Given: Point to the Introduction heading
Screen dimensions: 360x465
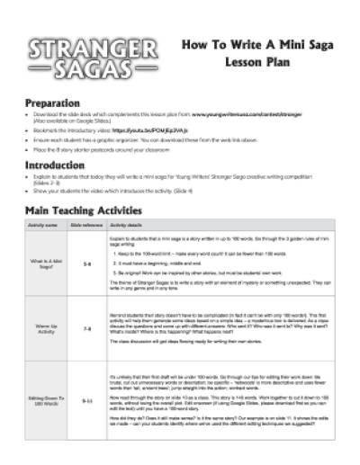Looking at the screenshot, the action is [60, 165].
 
